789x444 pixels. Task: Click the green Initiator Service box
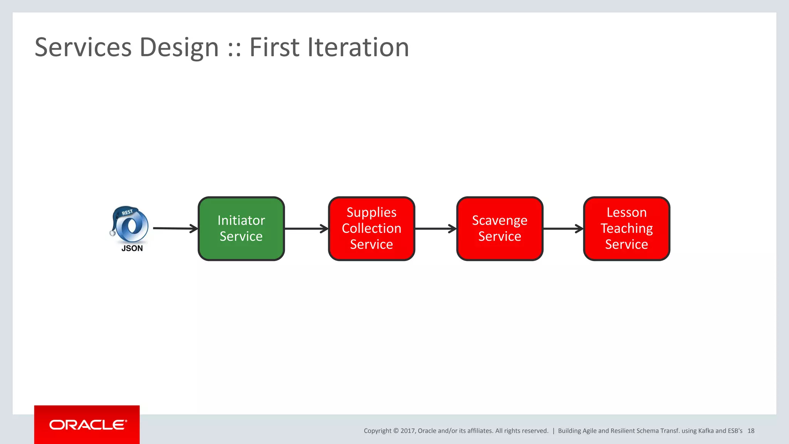[241, 229]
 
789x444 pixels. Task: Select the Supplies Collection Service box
[371, 229]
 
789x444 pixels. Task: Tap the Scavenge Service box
[500, 229]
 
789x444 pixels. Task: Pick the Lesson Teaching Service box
[626, 229]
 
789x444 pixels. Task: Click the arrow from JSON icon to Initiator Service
[175, 229]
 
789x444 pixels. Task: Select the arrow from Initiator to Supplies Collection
[306, 229]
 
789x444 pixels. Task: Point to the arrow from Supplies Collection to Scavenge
[435, 229]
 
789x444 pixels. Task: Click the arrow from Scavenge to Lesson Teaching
[563, 229]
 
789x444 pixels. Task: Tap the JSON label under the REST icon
[132, 249]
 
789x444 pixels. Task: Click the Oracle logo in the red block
[88, 425]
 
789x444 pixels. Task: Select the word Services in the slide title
[83, 47]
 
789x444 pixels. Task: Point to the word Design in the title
[179, 47]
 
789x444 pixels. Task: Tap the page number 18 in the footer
[751, 431]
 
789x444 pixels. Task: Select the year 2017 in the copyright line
[407, 431]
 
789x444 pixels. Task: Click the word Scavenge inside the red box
[500, 220]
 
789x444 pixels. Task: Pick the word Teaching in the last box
[626, 229]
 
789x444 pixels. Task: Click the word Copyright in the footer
[377, 431]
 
